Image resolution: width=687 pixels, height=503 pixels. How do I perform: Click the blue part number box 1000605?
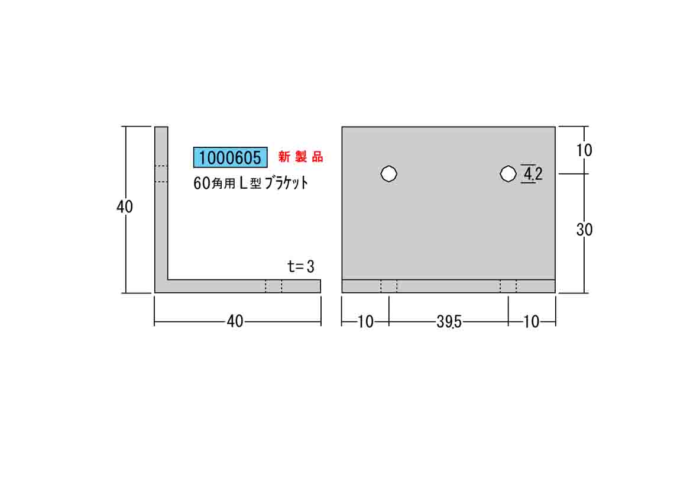[231, 157]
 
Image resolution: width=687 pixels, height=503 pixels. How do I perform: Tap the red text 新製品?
[300, 157]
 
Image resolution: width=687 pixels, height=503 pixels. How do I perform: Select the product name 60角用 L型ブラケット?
[251, 183]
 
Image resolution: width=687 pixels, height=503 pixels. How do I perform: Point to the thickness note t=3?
[300, 266]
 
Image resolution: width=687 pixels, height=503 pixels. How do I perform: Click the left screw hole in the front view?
[389, 173]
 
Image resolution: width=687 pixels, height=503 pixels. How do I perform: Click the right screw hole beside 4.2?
[508, 173]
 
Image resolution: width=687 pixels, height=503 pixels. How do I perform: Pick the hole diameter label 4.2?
[533, 174]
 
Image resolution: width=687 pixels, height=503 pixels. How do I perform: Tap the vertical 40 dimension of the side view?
[125, 207]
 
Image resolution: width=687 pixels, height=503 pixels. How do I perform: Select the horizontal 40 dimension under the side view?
[235, 321]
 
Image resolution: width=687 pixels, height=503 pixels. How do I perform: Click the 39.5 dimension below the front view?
[449, 322]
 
